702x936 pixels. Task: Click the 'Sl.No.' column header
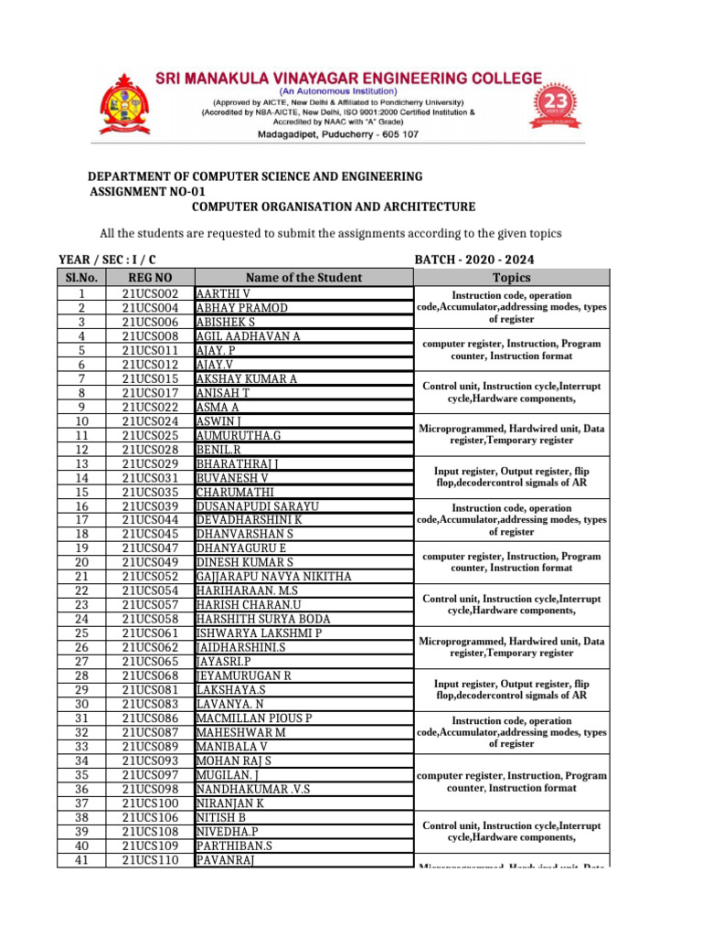click(x=80, y=278)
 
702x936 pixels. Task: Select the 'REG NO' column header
click(x=149, y=278)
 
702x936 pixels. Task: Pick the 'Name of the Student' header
click(x=303, y=278)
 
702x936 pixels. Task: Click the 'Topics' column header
click(x=511, y=278)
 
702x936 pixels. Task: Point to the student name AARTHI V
click(x=223, y=294)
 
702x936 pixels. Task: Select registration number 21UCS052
click(x=150, y=577)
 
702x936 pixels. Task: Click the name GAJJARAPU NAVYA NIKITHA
click(x=273, y=577)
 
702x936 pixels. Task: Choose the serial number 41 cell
click(x=80, y=859)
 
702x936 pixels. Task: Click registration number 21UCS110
click(x=150, y=859)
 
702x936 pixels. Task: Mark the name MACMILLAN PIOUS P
click(x=254, y=718)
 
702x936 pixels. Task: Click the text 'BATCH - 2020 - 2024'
click(x=474, y=261)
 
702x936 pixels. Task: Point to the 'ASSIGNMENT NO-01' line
click(x=147, y=192)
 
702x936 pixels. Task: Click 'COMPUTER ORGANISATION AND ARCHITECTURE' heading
click(x=333, y=207)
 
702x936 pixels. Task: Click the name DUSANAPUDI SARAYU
click(x=257, y=506)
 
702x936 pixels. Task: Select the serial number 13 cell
click(x=80, y=464)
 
